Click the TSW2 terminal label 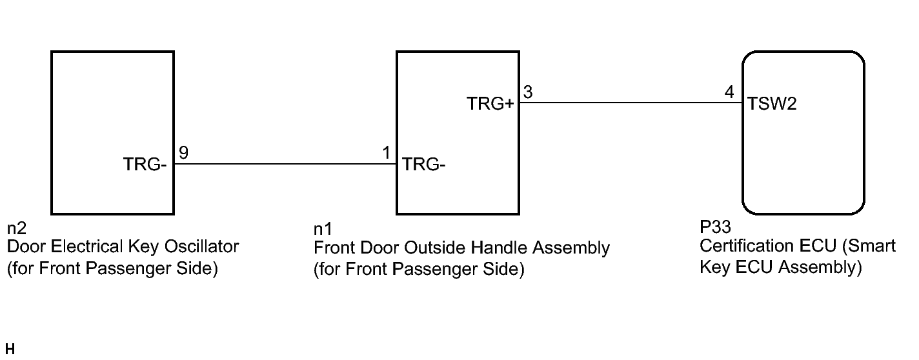tap(773, 104)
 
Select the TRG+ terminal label tap(490, 104)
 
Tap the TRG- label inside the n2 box tap(145, 165)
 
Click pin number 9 tap(183, 153)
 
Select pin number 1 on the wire tap(386, 153)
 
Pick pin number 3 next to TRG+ tap(527, 92)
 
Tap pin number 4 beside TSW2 tap(729, 92)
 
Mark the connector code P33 tap(713, 228)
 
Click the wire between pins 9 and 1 tap(284, 164)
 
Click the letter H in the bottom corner tap(9, 350)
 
